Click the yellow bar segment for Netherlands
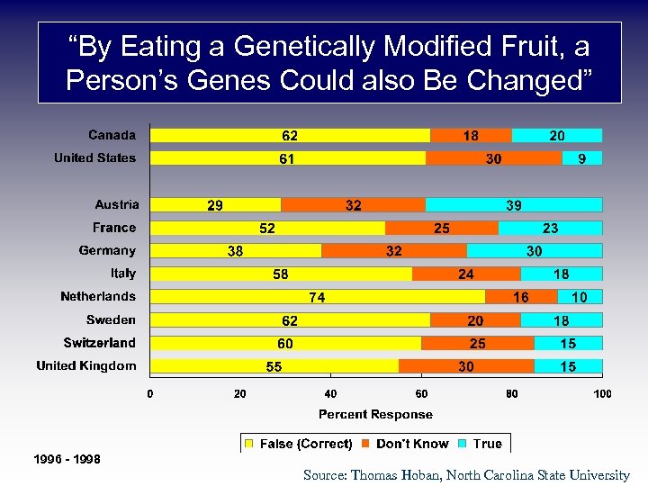click(x=318, y=296)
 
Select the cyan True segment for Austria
click(x=514, y=204)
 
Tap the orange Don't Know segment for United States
click(x=493, y=158)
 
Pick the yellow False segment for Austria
click(x=215, y=204)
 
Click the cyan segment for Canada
click(x=557, y=135)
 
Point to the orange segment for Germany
click(x=394, y=250)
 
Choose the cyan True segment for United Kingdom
click(x=568, y=365)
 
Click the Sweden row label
click(x=111, y=319)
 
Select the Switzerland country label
click(x=99, y=343)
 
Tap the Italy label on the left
click(x=123, y=274)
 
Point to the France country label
click(x=114, y=228)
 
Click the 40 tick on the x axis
click(x=330, y=393)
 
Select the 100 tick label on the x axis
click(x=602, y=393)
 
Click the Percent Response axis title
click(x=375, y=414)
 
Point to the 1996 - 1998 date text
click(x=67, y=460)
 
